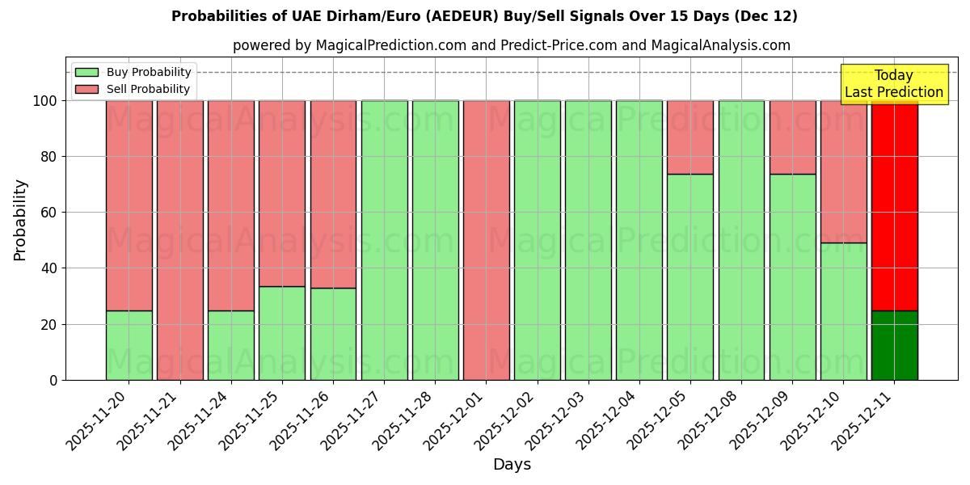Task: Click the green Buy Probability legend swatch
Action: [x=86, y=72]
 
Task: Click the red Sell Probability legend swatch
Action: [x=86, y=89]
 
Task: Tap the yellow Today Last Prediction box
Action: [x=893, y=84]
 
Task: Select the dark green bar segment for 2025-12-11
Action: [x=894, y=345]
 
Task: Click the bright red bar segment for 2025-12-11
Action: [x=894, y=205]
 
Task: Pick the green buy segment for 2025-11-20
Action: [x=129, y=345]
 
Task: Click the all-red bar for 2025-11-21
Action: [x=179, y=240]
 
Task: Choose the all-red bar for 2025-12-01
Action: [x=486, y=240]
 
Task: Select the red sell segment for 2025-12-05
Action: [x=690, y=137]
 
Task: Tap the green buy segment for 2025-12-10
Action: [x=843, y=311]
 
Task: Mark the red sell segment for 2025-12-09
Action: [x=792, y=137]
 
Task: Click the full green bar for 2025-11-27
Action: [x=384, y=240]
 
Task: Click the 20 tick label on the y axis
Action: [x=48, y=324]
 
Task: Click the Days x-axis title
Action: [x=512, y=465]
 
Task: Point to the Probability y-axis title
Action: [x=20, y=220]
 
